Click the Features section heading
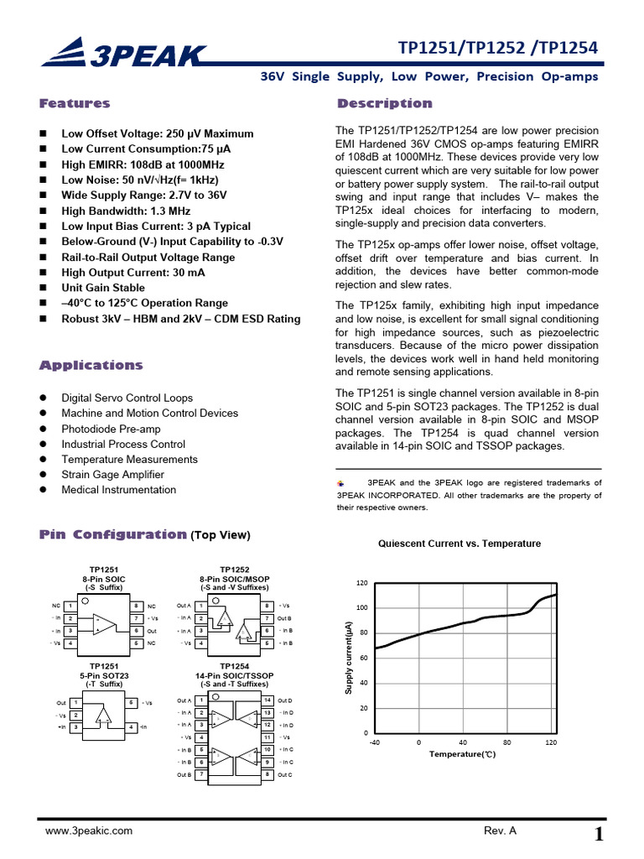75,104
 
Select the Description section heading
384,104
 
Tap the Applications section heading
91,366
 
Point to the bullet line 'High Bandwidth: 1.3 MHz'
126,211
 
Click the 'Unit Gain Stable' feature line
103,288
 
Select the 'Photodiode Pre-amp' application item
111,429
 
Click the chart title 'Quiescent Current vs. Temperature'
460,544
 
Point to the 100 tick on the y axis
362,607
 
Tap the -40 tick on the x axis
374,743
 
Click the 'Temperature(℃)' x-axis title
463,755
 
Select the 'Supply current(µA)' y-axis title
348,658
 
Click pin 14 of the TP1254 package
267,700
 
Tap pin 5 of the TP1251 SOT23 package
132,702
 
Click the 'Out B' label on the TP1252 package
285,618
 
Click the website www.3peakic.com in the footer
88,830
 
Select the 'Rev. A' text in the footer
501,830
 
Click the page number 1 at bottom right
599,834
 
